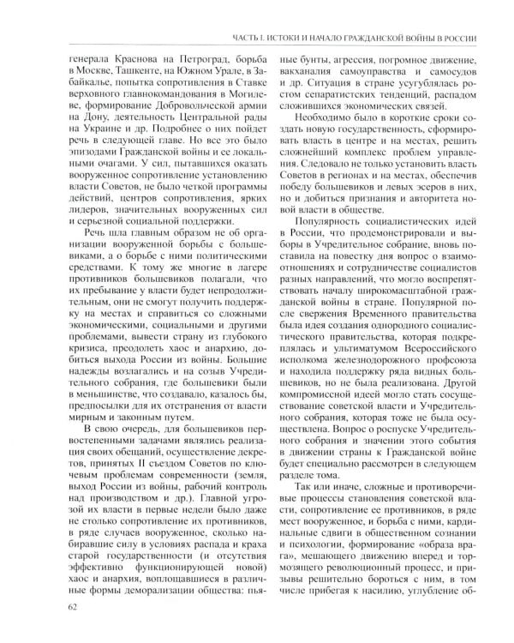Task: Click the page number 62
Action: pyautogui.click(x=60, y=610)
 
